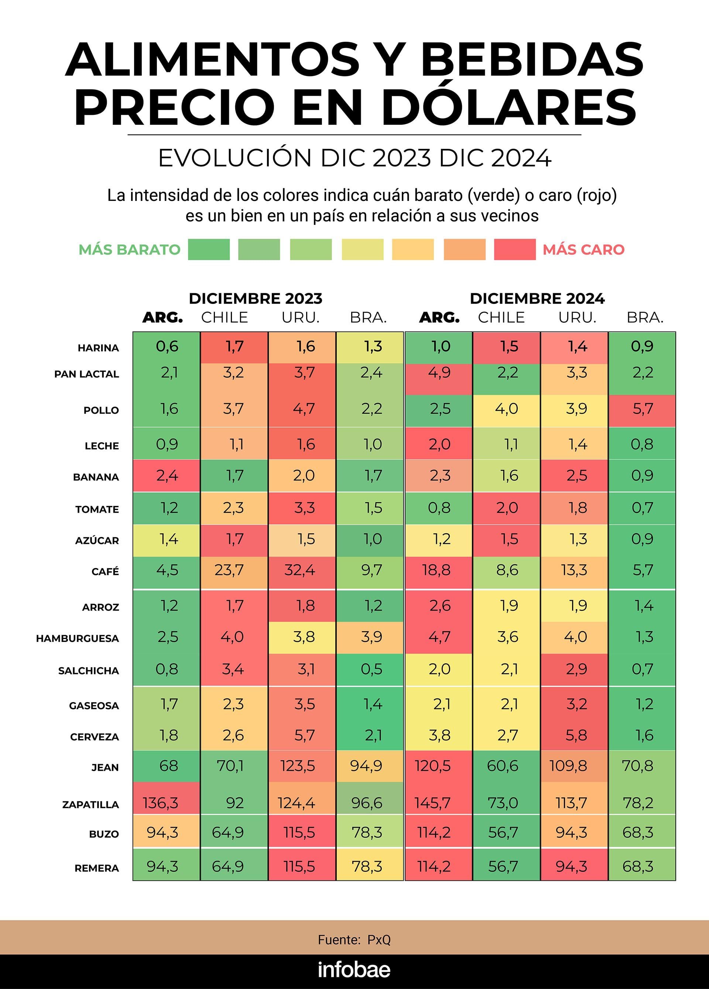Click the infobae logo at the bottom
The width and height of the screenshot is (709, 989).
(354, 969)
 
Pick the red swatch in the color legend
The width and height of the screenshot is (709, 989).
(514, 249)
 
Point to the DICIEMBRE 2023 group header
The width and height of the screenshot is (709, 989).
(256, 298)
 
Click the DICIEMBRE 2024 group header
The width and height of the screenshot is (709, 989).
(537, 298)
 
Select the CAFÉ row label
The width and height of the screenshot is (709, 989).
(105, 571)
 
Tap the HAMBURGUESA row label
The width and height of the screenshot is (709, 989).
(78, 639)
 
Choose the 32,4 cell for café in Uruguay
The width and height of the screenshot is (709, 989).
(300, 570)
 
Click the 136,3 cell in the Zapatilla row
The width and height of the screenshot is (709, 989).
(161, 803)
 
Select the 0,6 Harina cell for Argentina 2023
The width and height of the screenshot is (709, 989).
(167, 346)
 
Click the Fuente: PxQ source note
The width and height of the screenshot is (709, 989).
(354, 940)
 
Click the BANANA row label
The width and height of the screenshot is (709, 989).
(96, 477)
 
